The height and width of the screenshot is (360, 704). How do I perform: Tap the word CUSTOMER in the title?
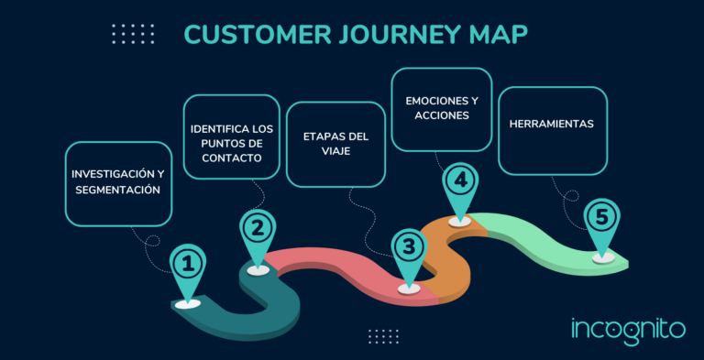tap(253, 35)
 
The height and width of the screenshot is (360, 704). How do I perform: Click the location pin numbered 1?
tap(188, 267)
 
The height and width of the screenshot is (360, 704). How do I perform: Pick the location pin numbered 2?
tap(258, 229)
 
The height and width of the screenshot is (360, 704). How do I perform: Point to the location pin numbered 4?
tap(460, 181)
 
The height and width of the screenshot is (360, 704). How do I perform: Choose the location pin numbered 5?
tap(601, 219)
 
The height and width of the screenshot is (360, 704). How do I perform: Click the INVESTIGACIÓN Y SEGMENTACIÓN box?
tap(118, 183)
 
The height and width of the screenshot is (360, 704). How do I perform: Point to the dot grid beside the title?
tap(133, 35)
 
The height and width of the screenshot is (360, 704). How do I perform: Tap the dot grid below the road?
tap(383, 336)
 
